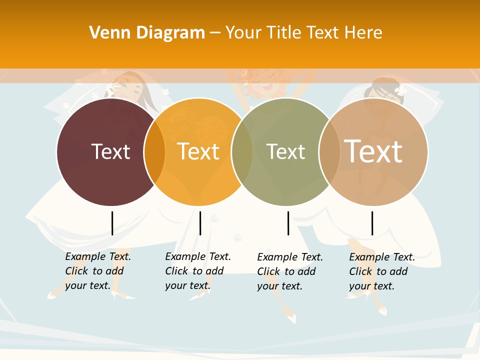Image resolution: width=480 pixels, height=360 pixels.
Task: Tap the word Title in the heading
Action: tap(285, 33)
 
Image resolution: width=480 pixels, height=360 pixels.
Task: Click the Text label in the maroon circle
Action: tap(111, 151)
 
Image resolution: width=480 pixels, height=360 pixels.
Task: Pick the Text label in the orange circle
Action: tap(198, 151)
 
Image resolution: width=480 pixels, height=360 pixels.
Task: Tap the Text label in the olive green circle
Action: tap(285, 151)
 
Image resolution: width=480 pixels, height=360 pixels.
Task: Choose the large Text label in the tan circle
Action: tap(373, 151)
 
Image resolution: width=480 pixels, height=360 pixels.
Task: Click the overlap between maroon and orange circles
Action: tap(154, 151)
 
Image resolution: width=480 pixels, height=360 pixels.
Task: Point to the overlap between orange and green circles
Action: tap(241, 151)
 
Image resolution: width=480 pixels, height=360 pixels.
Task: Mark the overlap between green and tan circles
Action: tap(328, 151)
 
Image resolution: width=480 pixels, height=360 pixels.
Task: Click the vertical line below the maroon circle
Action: tap(112, 223)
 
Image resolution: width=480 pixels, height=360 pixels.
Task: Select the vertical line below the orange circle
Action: tap(200, 223)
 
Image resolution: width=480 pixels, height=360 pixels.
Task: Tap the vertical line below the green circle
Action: tap(288, 223)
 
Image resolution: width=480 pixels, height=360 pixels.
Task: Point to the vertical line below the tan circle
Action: tap(372, 223)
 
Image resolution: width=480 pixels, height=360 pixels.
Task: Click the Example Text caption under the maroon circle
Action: tap(98, 271)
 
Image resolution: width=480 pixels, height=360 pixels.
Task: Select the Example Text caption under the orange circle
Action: tap(198, 271)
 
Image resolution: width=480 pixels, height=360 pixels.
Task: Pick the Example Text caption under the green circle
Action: tap(290, 271)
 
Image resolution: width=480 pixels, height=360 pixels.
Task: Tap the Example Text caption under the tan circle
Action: tap(382, 271)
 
